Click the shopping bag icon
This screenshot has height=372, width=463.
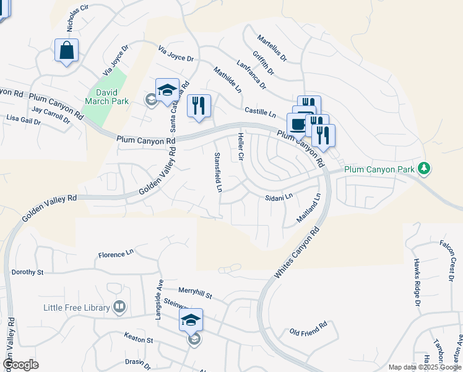click(66, 50)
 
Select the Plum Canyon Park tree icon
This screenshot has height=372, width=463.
click(424, 168)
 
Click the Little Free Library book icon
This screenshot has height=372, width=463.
click(119, 307)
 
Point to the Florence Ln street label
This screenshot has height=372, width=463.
click(116, 254)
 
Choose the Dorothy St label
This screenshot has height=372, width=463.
click(28, 272)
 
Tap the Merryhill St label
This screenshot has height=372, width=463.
click(195, 293)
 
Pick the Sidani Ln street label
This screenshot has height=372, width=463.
click(278, 197)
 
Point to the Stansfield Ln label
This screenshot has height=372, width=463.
click(217, 172)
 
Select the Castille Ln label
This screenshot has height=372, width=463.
click(260, 112)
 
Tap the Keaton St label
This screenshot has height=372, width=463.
click(139, 340)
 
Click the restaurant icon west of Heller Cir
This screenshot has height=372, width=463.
click(199, 106)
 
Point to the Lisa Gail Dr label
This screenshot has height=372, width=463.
click(23, 118)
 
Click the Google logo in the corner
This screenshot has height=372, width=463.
click(20, 365)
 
